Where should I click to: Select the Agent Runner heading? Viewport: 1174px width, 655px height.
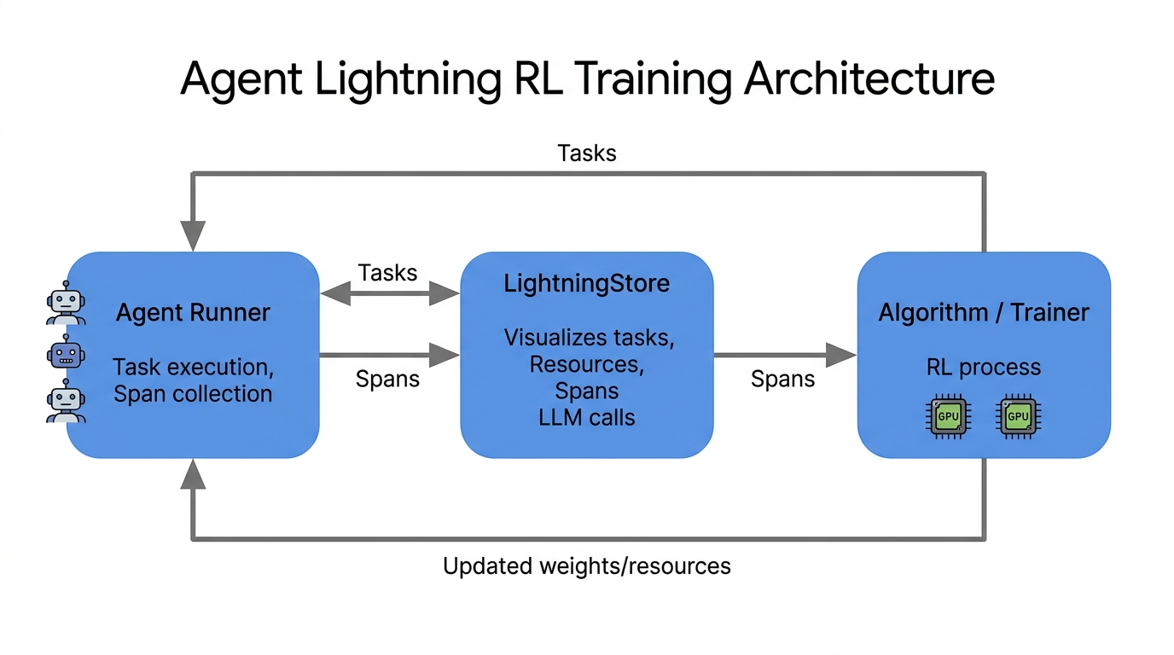[x=193, y=313]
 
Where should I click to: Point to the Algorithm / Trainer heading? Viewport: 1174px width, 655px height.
[x=984, y=313]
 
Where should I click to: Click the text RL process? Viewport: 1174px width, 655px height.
[x=984, y=368]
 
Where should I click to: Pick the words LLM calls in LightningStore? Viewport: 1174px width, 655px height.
[x=587, y=418]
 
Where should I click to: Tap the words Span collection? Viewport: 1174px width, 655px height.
[x=193, y=394]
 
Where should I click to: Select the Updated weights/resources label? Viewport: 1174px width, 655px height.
[x=587, y=566]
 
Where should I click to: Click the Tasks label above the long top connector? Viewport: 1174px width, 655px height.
[x=587, y=154]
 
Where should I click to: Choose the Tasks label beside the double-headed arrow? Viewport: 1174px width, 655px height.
[x=388, y=273]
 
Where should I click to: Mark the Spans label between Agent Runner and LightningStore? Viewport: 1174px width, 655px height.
[x=388, y=380]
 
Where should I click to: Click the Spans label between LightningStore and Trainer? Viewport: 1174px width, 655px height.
[x=783, y=380]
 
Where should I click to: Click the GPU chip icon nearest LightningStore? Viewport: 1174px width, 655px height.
[x=948, y=418]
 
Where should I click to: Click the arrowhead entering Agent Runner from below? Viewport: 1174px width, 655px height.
[x=194, y=474]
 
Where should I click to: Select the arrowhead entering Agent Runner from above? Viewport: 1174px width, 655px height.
[x=194, y=235]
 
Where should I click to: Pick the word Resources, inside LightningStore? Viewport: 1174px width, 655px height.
[x=587, y=365]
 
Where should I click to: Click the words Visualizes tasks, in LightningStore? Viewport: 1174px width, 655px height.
[x=589, y=339]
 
